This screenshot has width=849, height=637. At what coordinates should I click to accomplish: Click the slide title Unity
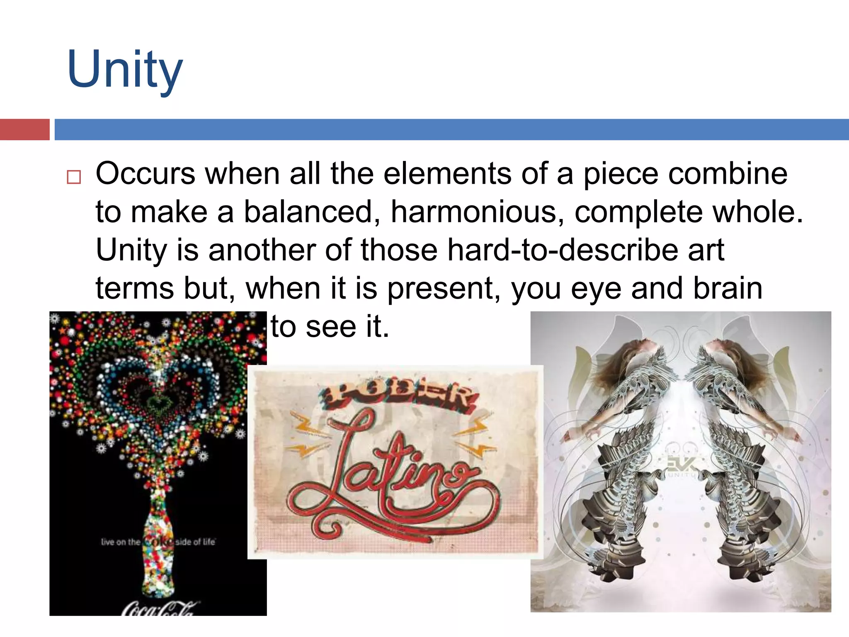click(x=124, y=70)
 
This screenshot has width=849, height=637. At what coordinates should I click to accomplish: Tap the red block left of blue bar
click(x=24, y=129)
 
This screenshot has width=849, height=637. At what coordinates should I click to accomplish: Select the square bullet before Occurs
click(x=74, y=177)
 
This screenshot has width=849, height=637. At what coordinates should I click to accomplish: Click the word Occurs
click(x=145, y=173)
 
